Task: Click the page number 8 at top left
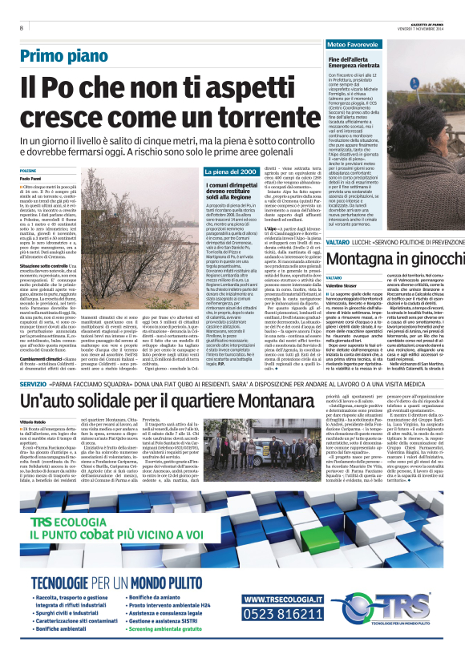22,28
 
